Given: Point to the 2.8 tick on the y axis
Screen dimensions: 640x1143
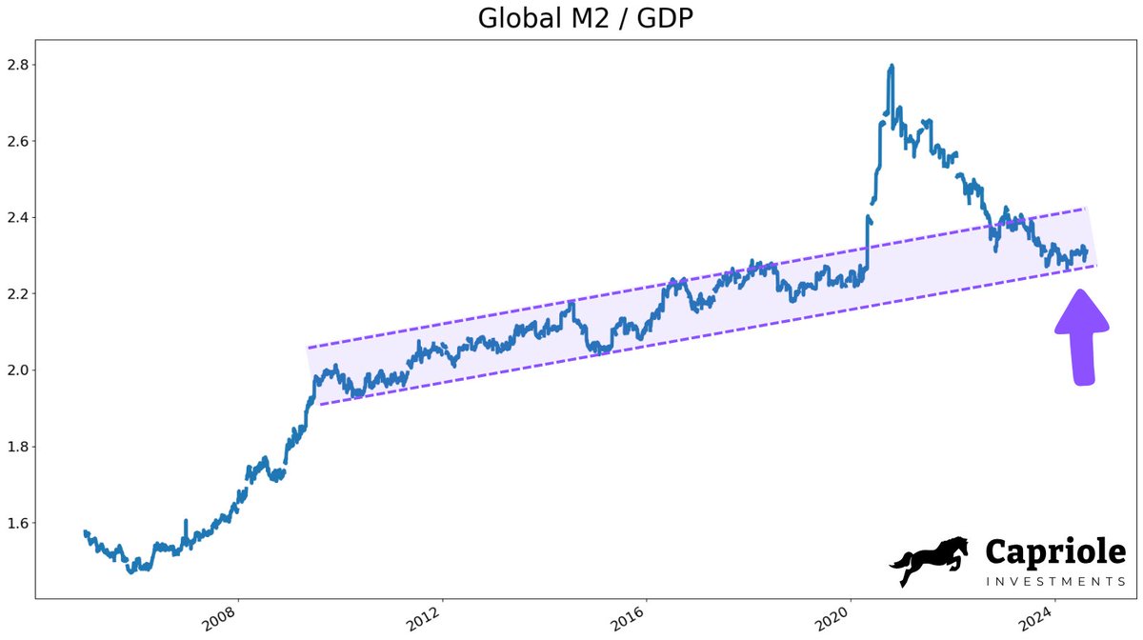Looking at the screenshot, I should pyautogui.click(x=18, y=65).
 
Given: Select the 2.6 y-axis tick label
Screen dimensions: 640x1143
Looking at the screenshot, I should pyautogui.click(x=18, y=141).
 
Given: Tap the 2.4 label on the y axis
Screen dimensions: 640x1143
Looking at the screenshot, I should pyautogui.click(x=18, y=217).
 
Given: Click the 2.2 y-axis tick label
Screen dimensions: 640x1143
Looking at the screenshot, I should pyautogui.click(x=18, y=293).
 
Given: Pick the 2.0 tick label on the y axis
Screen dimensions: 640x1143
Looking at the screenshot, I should pyautogui.click(x=18, y=370).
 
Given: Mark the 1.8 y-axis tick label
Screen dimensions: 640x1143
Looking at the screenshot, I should pyautogui.click(x=18, y=446).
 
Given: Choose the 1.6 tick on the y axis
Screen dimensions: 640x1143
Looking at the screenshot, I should pyautogui.click(x=18, y=523).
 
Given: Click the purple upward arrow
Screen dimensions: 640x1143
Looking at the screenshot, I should pyautogui.click(x=1081, y=338).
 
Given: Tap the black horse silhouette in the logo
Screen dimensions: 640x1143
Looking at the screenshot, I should pyautogui.click(x=929, y=561).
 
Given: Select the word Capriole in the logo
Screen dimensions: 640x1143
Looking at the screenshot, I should pyautogui.click(x=1054, y=551).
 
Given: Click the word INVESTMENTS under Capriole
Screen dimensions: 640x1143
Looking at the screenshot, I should pyautogui.click(x=1053, y=581).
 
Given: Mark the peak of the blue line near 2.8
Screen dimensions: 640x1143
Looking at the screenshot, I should pyautogui.click(x=891, y=66).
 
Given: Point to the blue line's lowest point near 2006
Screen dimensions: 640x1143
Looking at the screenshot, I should pyautogui.click(x=131, y=570).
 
